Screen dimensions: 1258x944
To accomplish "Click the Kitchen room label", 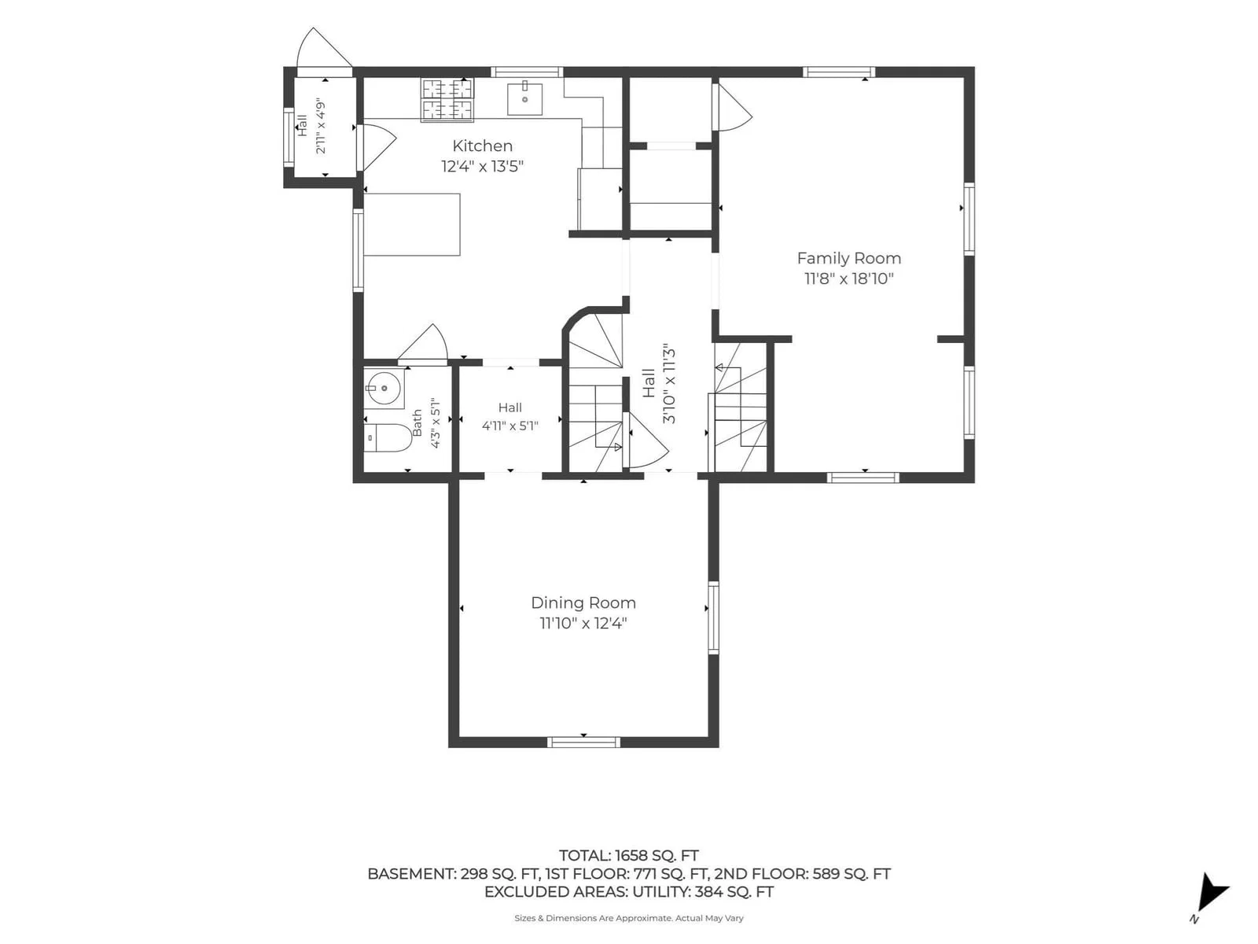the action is click(x=482, y=146).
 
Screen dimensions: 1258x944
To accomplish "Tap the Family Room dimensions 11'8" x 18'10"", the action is click(x=849, y=279).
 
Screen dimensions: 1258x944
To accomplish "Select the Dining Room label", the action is click(x=583, y=603).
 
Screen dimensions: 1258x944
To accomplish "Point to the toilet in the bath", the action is click(x=387, y=438).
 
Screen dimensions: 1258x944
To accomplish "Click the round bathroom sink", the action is click(x=384, y=388).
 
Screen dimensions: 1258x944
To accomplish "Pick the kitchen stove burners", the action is click(x=447, y=100).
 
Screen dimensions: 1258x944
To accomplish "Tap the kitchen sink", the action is click(x=524, y=98).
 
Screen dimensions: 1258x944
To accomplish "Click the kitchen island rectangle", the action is click(x=411, y=224).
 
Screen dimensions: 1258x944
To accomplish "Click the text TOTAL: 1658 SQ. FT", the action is click(x=629, y=856).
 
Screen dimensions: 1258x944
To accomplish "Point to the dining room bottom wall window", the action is click(x=583, y=743).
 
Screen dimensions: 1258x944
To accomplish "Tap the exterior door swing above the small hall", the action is click(x=322, y=48).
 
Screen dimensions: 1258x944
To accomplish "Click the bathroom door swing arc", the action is click(x=425, y=341).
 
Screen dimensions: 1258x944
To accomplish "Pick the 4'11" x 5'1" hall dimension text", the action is click(x=509, y=426).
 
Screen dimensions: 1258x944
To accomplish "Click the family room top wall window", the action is click(x=839, y=72).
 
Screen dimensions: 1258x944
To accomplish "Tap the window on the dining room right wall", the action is click(x=713, y=618).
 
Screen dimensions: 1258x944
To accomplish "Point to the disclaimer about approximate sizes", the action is click(x=629, y=918).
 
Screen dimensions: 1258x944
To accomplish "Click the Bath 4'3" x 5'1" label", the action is click(x=426, y=423).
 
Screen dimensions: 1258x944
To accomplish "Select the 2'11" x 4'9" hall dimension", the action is click(x=321, y=127).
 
